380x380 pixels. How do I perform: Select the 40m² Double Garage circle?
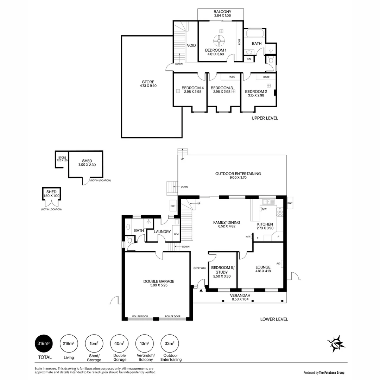click(x=119, y=343)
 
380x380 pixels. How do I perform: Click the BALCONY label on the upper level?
click(x=222, y=12)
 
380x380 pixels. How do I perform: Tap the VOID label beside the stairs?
click(x=191, y=45)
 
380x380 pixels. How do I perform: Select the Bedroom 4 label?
click(x=192, y=88)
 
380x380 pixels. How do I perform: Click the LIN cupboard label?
click(x=249, y=59)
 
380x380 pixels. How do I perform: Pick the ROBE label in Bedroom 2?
click(x=266, y=77)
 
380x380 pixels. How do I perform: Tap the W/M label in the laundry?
click(x=176, y=234)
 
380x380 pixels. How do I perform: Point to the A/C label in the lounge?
click(x=278, y=264)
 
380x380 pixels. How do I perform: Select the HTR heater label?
click(x=248, y=237)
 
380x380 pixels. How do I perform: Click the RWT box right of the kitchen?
click(x=290, y=203)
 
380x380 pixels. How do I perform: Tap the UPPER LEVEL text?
click(x=265, y=118)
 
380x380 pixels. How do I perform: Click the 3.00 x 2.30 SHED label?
click(x=87, y=163)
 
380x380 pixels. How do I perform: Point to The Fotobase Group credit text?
click(x=324, y=373)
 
